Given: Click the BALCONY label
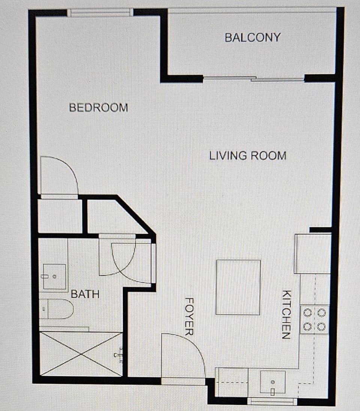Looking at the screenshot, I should [252, 38].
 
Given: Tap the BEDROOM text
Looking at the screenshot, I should [98, 108].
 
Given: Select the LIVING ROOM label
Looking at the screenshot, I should [247, 155].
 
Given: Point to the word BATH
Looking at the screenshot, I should [85, 294].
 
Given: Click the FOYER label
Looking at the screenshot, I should [189, 316].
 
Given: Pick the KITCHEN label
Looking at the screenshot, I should [286, 314].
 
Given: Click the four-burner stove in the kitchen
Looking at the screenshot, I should [314, 319].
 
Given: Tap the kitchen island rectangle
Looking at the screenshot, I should [238, 287].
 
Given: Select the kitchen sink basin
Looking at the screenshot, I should [273, 382].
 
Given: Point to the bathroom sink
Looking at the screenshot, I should [54, 277].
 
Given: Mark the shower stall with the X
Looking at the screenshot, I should [81, 353].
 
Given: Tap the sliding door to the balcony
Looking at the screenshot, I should [253, 79].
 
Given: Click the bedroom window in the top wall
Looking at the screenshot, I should [100, 13].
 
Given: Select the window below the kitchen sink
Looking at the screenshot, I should [273, 402].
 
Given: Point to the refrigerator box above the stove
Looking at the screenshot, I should [313, 253].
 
